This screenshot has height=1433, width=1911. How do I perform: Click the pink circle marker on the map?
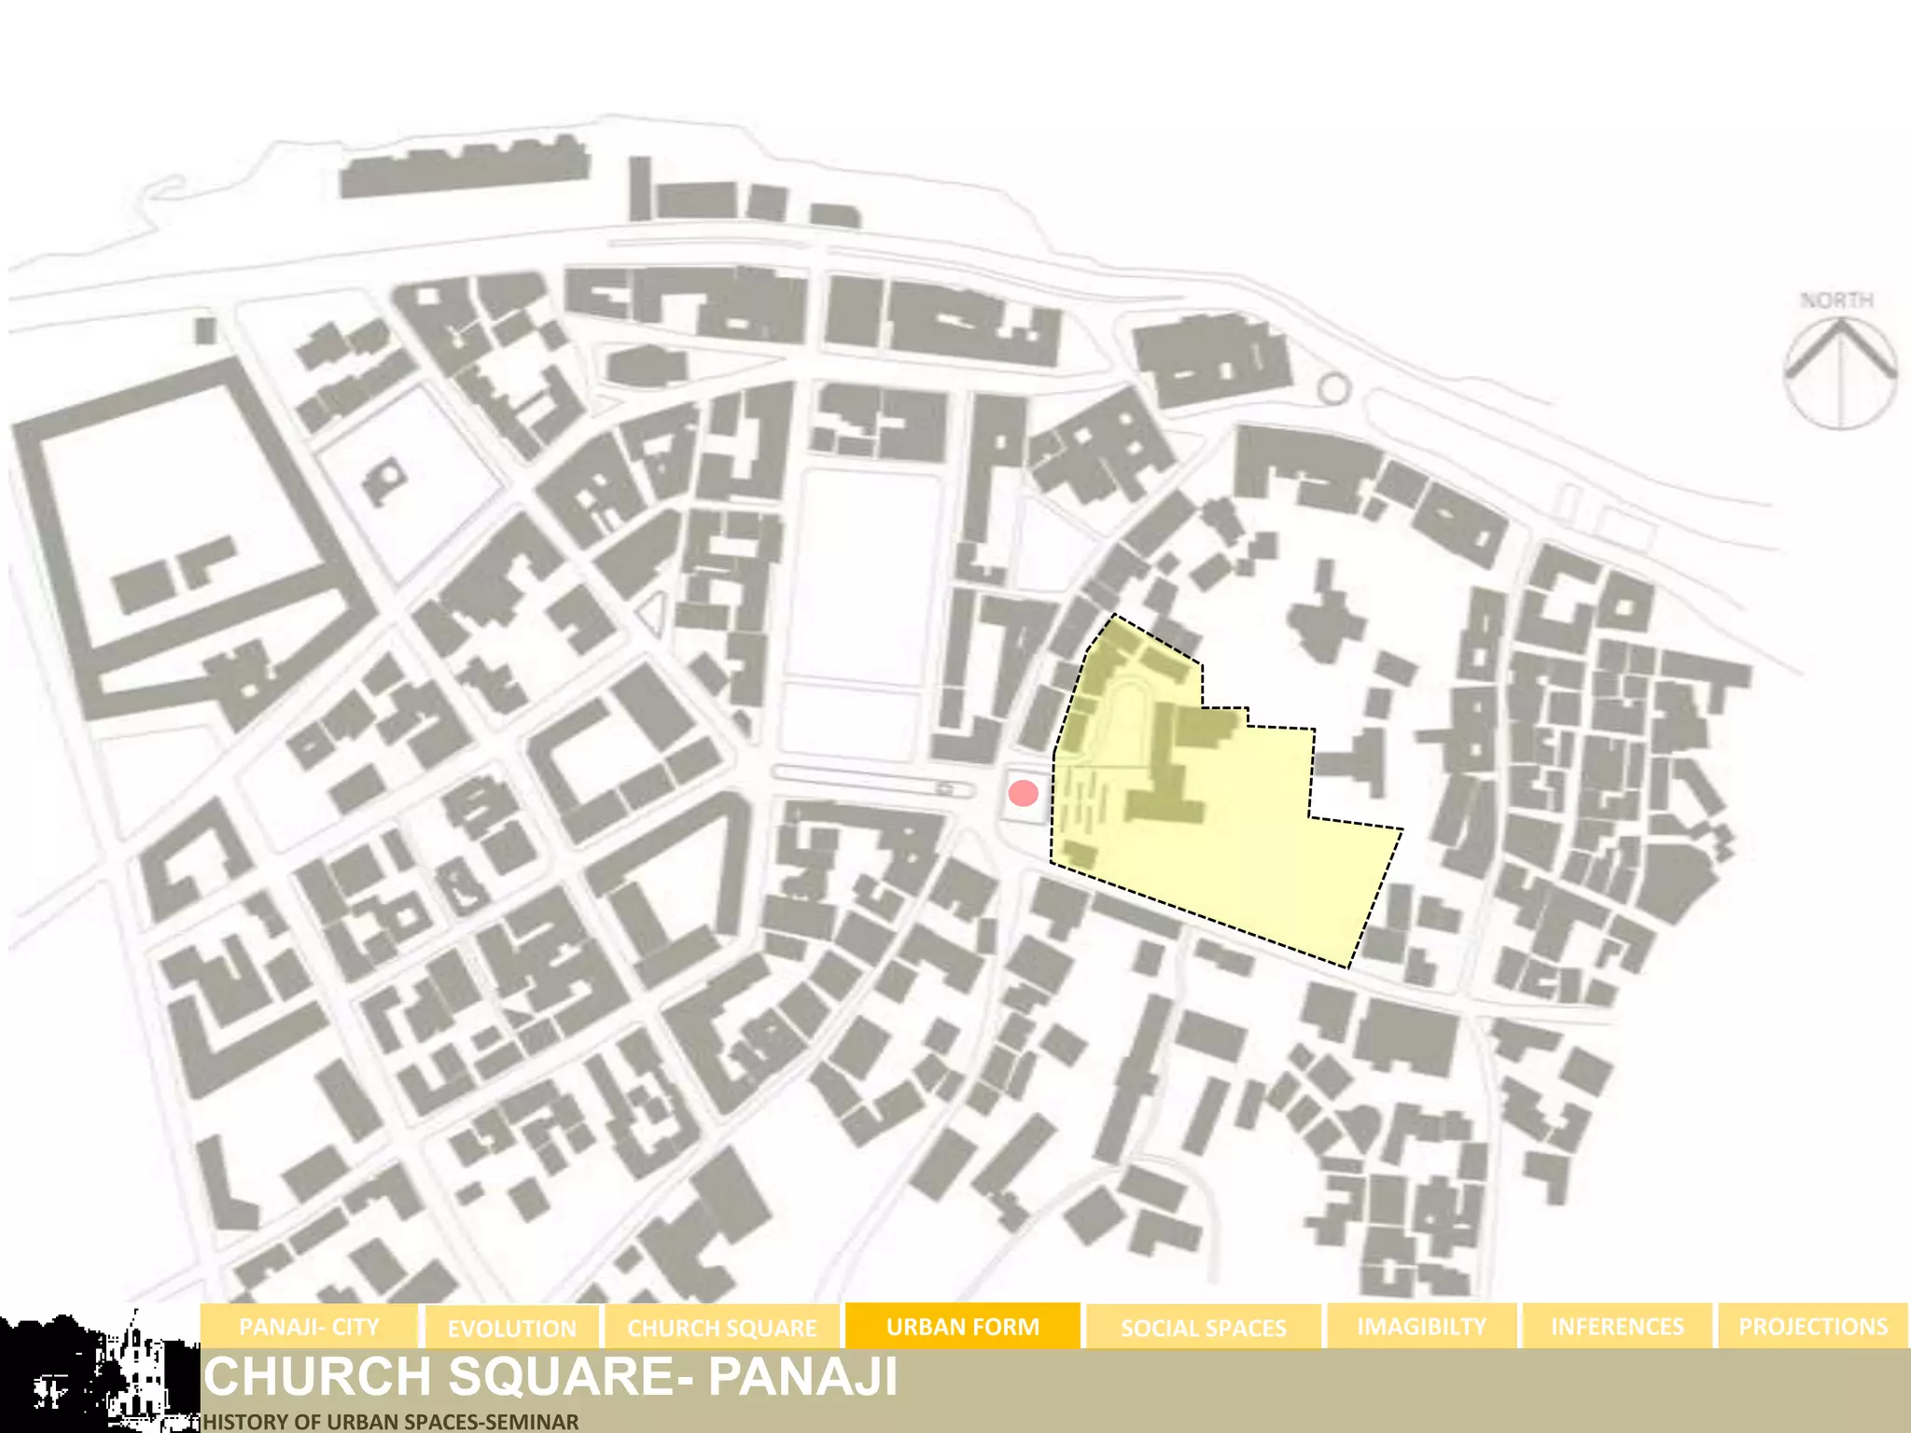1024,793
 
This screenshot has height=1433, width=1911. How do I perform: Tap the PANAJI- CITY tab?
309,1327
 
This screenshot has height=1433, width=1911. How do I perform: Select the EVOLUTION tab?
511,1328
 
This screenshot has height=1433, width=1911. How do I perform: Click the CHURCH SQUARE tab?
721,1328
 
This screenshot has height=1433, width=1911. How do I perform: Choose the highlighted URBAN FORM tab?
962,1327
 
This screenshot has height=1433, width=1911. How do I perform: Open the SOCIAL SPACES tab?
1203,1328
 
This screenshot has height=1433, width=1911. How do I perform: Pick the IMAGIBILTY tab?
1421,1327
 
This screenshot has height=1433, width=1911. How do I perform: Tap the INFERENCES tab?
1617,1327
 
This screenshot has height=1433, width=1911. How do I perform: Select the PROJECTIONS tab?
1812,1327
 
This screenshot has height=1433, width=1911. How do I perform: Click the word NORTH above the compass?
1836,300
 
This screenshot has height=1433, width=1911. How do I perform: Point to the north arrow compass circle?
1840,373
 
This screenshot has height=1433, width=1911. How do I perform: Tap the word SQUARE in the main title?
561,1376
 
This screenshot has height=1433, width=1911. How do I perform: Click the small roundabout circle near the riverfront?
1334,389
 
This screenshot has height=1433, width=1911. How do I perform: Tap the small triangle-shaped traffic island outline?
652,613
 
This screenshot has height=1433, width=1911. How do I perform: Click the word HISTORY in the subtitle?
241,1422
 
